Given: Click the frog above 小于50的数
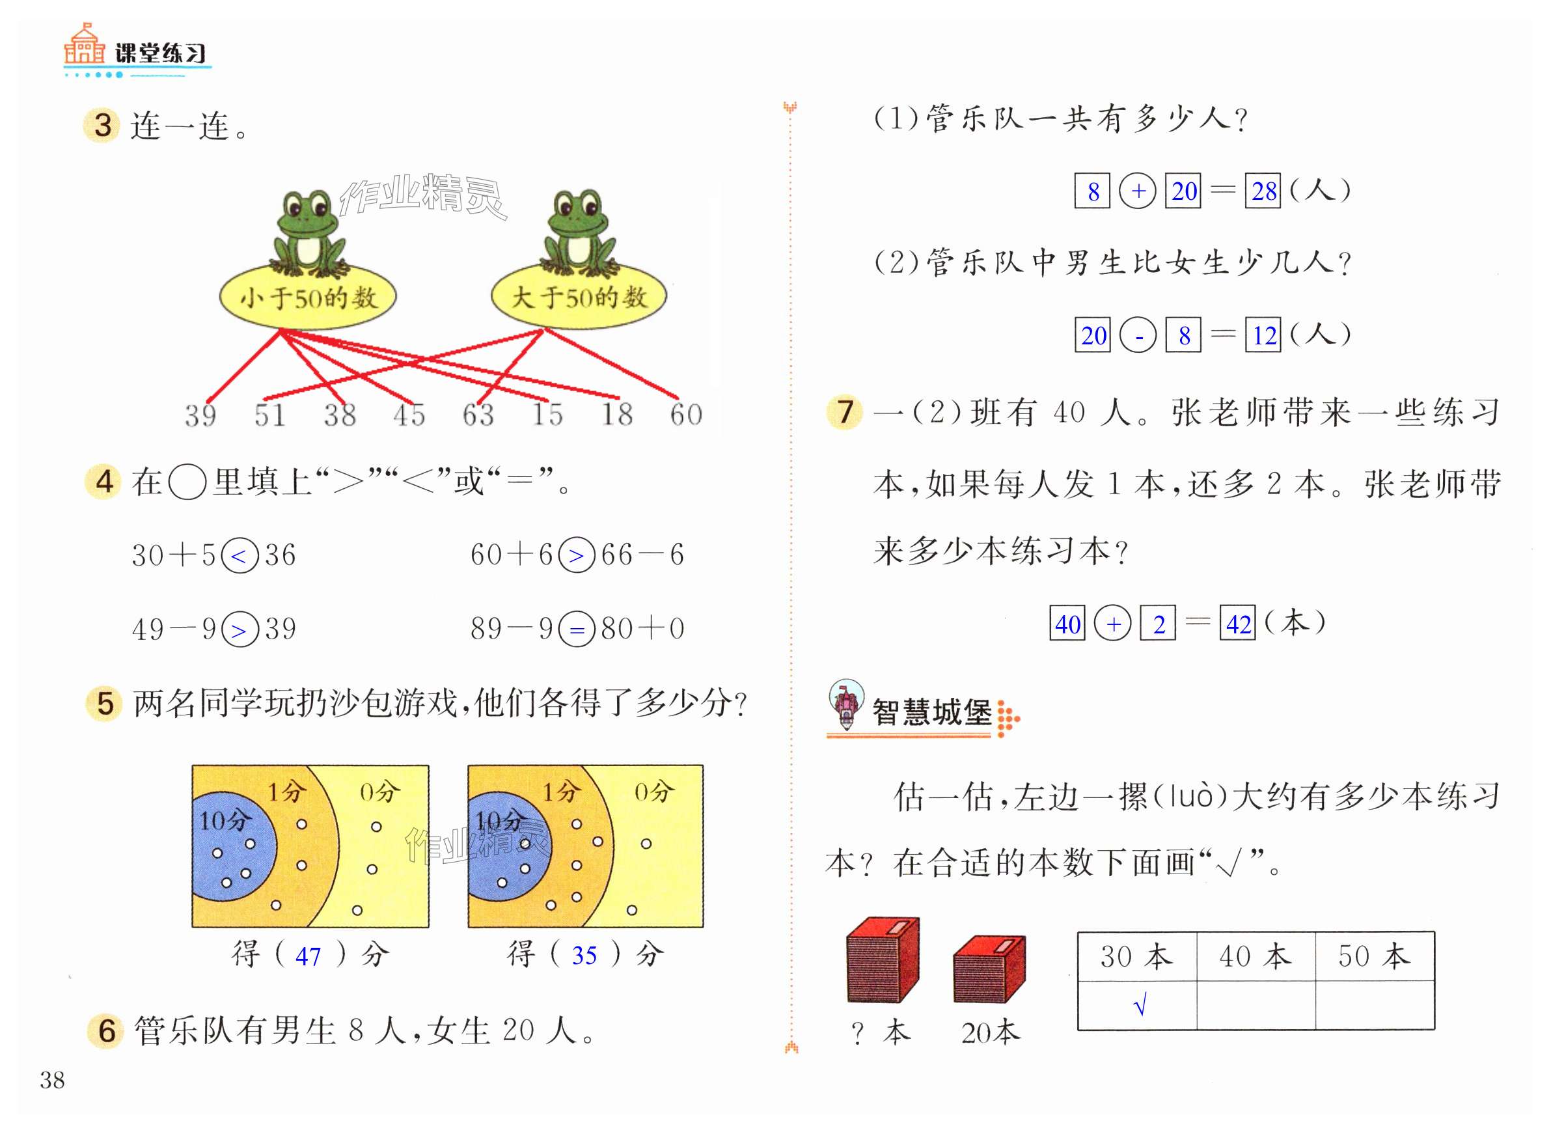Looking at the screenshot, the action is (308, 233).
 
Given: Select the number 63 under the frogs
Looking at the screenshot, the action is (478, 415).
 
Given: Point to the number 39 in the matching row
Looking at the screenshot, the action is (200, 415).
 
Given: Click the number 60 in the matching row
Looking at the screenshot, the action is (686, 415).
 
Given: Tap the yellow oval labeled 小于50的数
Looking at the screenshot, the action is (308, 297).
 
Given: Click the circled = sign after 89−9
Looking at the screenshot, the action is (577, 629).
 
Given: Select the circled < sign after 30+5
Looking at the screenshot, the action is (239, 556).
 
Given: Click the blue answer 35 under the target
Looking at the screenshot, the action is (584, 955).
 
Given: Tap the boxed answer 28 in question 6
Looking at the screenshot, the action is (1263, 191).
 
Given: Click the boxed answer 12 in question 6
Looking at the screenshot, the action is (1263, 335).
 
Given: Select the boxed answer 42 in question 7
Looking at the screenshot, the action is (1237, 624).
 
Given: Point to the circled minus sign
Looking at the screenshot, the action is (1138, 336).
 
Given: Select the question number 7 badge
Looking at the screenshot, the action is (844, 412).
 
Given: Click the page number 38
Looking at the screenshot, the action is (52, 1081).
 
